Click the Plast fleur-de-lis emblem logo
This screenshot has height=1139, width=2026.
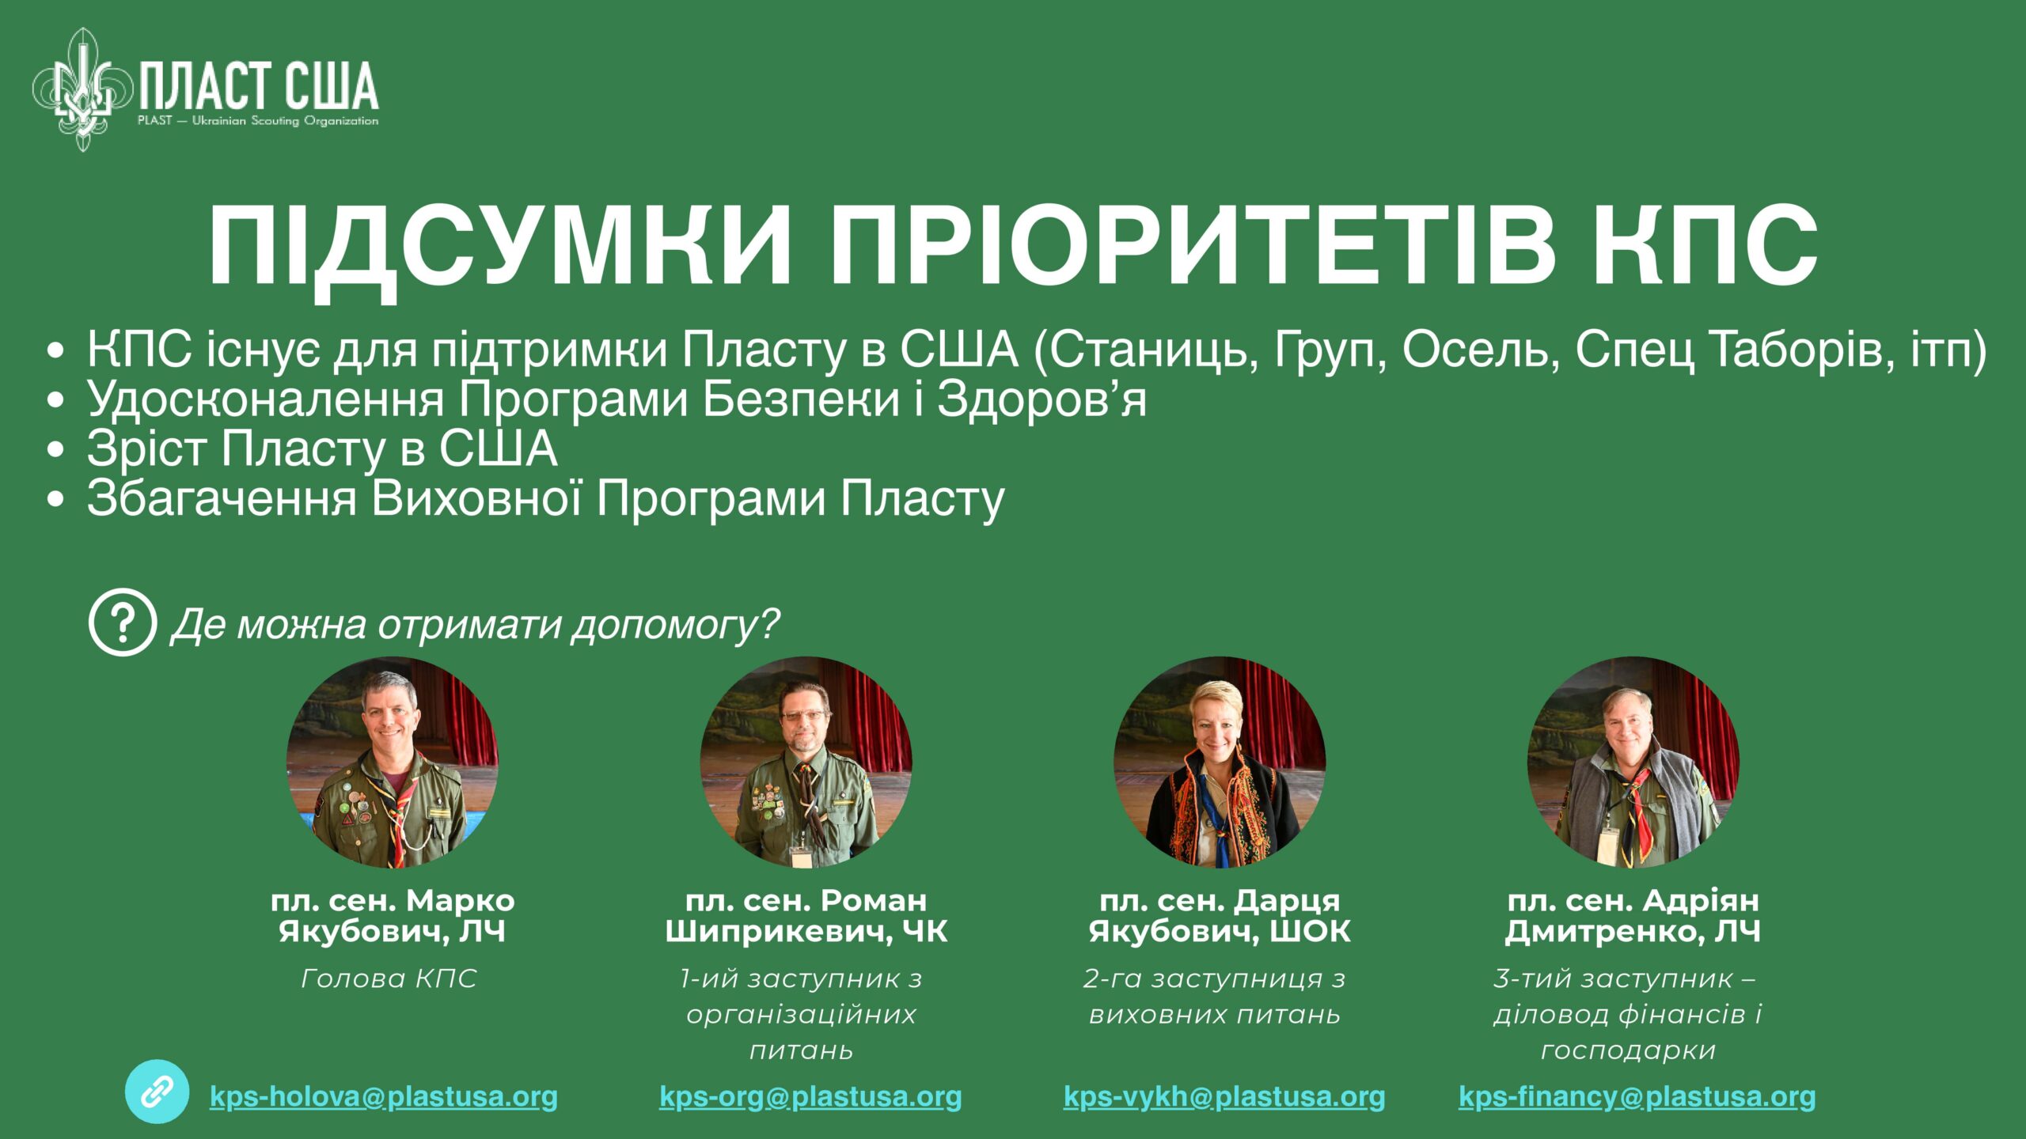82,89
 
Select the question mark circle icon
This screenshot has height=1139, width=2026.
122,622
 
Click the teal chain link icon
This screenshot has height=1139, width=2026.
157,1092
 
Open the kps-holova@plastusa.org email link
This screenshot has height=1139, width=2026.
384,1097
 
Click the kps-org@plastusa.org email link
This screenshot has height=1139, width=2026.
810,1097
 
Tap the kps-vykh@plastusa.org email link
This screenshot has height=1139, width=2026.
1224,1097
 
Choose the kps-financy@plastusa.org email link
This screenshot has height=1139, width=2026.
1637,1097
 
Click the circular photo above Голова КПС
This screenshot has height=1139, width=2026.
393,762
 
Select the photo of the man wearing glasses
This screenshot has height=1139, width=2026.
806,762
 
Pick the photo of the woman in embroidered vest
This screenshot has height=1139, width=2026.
1220,762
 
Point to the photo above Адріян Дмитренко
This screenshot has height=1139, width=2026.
1633,762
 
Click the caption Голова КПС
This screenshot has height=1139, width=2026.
389,979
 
